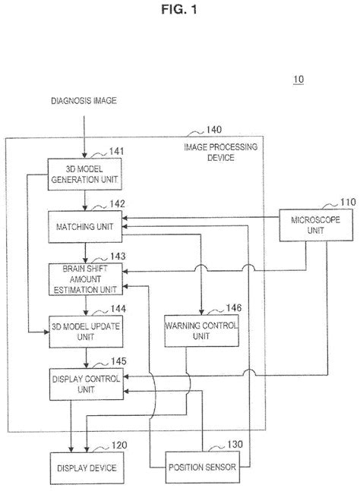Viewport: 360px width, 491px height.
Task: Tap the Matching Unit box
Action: click(85, 226)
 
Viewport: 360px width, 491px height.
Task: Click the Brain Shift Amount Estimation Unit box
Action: click(85, 278)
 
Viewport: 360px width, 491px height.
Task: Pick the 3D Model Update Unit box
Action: click(85, 330)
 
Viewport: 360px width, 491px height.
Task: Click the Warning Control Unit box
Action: click(201, 330)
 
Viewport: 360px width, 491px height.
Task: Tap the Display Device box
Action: click(85, 467)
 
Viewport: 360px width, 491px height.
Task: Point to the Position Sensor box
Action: click(201, 467)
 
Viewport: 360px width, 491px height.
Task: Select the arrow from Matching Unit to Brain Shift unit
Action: click(85, 252)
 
